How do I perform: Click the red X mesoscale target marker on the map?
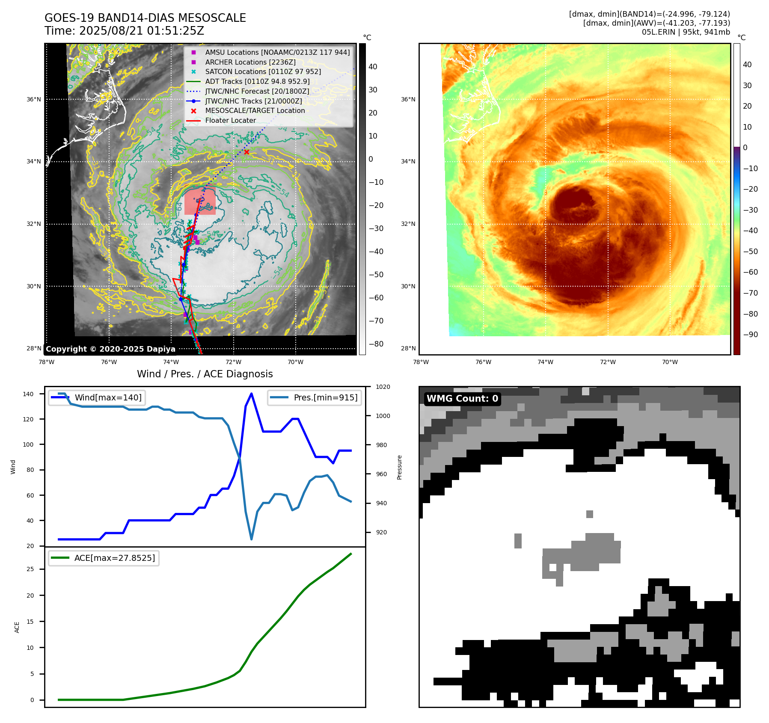246,152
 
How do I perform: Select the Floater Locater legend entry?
230,120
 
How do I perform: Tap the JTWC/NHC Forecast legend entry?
257,91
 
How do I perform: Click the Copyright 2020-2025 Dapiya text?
110,349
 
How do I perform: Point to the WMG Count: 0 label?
462,399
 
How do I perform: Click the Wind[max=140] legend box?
97,397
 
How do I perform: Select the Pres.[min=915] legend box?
315,397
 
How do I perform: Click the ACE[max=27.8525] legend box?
104,558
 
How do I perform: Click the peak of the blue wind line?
251,394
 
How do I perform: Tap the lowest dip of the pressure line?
251,539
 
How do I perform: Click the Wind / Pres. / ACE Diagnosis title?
205,374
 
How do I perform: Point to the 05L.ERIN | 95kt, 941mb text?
686,32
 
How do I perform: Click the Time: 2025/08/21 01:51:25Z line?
124,31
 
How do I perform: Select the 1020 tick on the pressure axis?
383,387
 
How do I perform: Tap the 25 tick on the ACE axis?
30,569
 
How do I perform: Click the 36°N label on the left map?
34,99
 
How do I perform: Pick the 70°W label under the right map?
670,362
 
